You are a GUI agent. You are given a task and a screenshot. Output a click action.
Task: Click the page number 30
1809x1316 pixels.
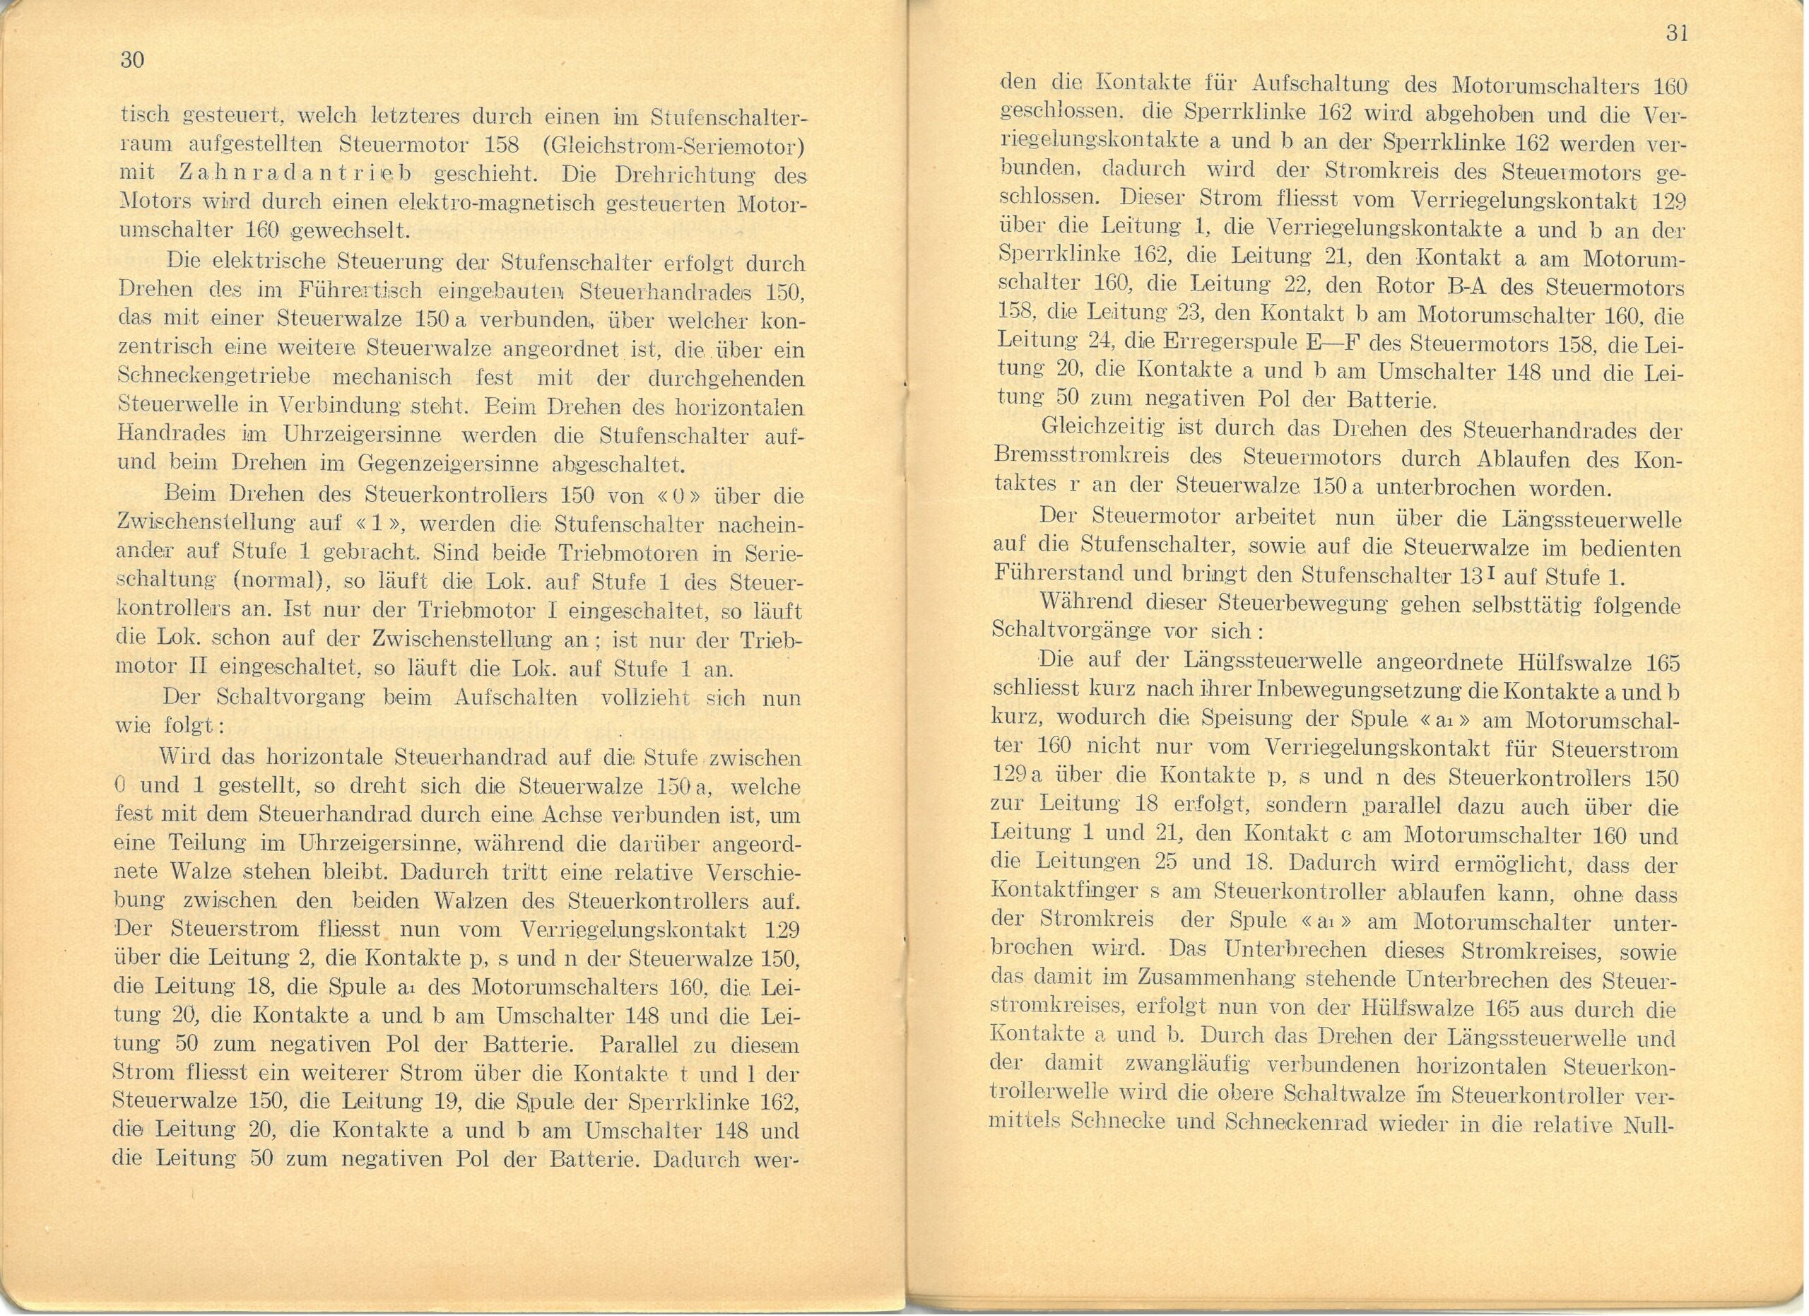click(x=132, y=60)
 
